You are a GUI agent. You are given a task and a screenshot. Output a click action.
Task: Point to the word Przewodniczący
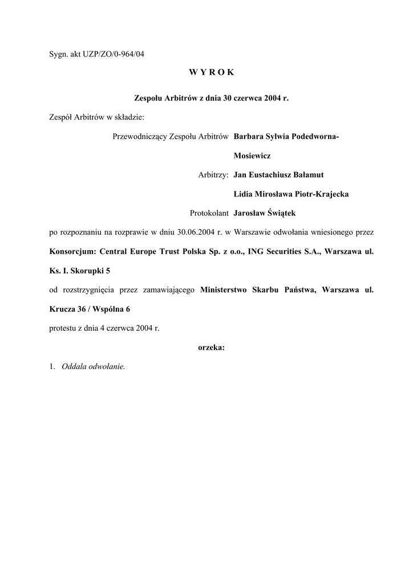(140, 137)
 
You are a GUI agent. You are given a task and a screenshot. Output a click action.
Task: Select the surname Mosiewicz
(252, 155)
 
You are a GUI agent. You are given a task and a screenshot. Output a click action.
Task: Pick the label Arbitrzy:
(213, 175)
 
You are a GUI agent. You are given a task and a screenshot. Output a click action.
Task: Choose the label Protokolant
(209, 213)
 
